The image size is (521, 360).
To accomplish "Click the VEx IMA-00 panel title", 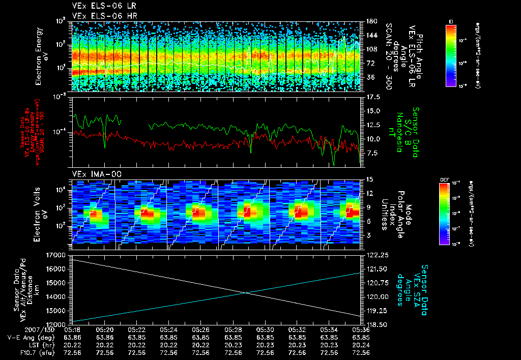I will pos(93,174).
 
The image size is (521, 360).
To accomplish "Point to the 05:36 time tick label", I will pos(361,329).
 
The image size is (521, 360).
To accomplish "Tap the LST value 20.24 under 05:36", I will pos(361,344).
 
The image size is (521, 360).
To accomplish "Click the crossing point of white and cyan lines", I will pos(246,292).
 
